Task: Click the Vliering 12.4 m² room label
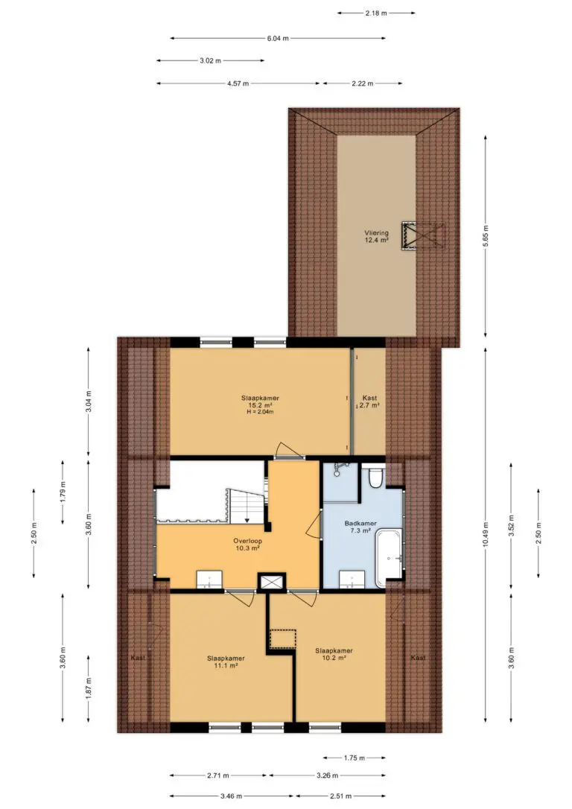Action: (x=376, y=236)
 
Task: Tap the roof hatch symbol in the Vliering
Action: (x=422, y=236)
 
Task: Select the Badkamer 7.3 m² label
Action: (x=360, y=527)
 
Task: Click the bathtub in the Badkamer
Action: (x=389, y=558)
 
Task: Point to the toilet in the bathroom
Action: (x=375, y=478)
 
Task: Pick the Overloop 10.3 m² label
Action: (x=247, y=545)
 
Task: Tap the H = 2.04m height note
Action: (x=260, y=412)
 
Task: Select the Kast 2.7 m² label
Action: (x=369, y=402)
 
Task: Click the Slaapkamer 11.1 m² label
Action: (x=226, y=662)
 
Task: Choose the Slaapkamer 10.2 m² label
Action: (x=334, y=654)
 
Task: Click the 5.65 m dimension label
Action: (x=486, y=236)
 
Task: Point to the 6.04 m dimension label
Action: (x=278, y=38)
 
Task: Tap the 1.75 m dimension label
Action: (x=355, y=758)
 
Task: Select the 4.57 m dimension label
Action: (x=238, y=83)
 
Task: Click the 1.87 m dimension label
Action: (x=89, y=688)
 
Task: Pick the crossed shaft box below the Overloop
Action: (x=272, y=582)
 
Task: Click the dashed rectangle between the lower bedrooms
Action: (x=283, y=639)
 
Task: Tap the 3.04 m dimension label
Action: (x=89, y=402)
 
